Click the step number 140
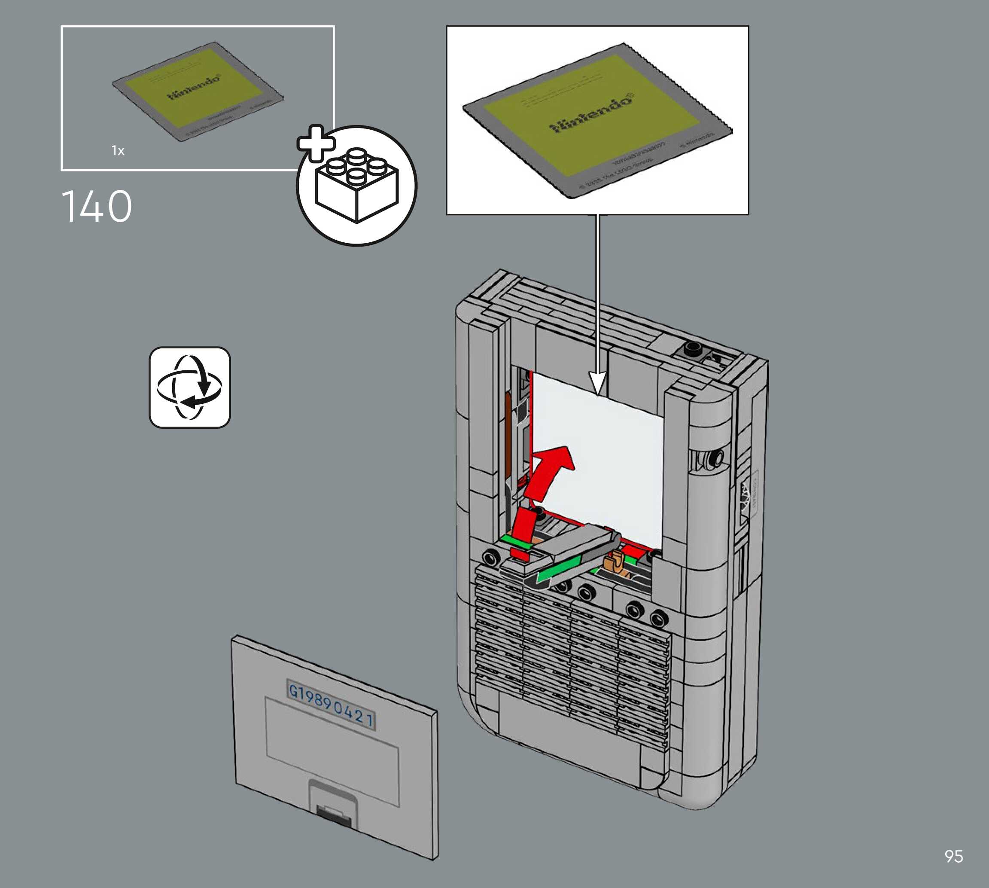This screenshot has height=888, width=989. [x=97, y=207]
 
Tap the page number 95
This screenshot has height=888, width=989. [x=953, y=856]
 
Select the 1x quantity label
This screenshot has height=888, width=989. [x=118, y=151]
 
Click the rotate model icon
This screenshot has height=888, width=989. [x=190, y=388]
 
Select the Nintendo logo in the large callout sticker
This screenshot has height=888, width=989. [x=592, y=114]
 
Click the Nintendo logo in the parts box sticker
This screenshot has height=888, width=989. [x=194, y=87]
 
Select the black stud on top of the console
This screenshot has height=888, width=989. [x=691, y=348]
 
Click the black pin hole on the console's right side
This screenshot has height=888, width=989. [x=716, y=458]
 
